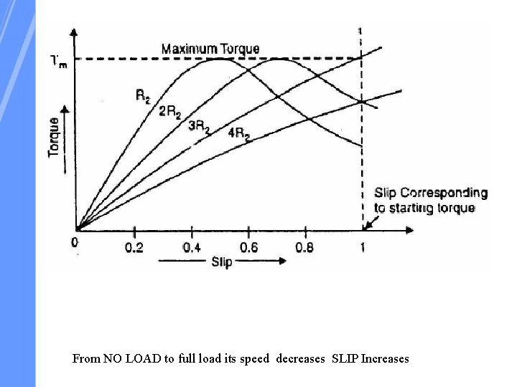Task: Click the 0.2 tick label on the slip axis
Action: [134, 248]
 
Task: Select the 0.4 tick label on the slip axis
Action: [192, 248]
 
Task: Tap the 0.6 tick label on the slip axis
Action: [248, 248]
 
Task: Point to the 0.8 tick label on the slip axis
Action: [305, 248]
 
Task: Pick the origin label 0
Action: [75, 243]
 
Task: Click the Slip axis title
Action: [221, 262]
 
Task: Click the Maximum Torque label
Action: [210, 49]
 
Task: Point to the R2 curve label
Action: [143, 95]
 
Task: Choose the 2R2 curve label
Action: [170, 112]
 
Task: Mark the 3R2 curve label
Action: [199, 126]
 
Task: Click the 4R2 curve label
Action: [239, 133]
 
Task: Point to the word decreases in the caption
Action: [300, 358]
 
